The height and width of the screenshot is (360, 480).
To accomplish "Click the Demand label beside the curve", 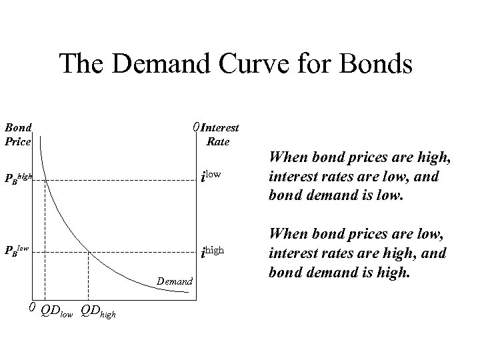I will (x=175, y=282).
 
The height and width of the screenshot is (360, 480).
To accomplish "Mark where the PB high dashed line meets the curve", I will (x=45, y=177).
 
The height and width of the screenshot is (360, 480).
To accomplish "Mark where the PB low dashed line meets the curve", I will (x=89, y=251).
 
